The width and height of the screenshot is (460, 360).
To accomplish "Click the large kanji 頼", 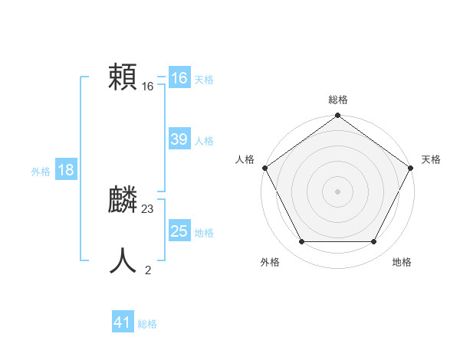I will (123, 77).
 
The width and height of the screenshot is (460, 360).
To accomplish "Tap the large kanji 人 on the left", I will (123, 260).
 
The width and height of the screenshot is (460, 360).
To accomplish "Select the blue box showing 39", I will (179, 139).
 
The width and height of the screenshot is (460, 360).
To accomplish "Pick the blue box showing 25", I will (179, 231).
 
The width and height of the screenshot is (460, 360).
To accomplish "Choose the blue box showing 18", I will (66, 170).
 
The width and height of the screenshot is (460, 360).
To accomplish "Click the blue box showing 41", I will (122, 322).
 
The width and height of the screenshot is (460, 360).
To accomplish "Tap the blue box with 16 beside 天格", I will (179, 78).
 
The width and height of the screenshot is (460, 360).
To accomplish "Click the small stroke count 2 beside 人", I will (148, 270).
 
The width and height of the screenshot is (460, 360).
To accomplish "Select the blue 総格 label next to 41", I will (147, 324).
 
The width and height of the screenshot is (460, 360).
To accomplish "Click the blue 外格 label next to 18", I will (41, 172).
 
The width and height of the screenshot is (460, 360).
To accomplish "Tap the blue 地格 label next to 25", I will (204, 233).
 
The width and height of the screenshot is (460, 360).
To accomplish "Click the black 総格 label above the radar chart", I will (338, 100).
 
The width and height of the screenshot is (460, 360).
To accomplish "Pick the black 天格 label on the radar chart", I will (432, 159).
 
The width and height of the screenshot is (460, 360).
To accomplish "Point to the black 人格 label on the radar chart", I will (245, 159).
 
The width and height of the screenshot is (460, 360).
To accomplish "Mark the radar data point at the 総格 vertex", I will (338, 116).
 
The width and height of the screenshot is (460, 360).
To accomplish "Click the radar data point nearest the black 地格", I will (374, 242).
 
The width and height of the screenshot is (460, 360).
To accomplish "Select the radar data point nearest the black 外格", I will (301, 242).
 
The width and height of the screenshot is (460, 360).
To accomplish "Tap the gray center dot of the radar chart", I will (338, 191).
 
